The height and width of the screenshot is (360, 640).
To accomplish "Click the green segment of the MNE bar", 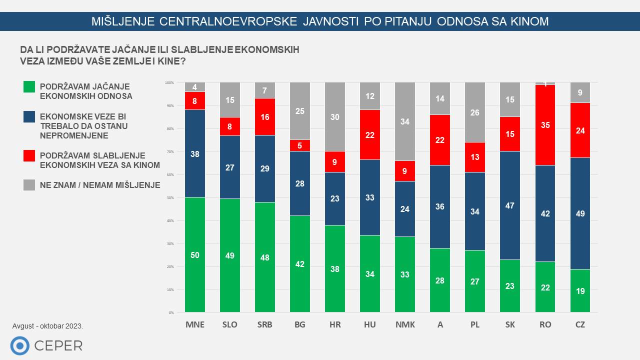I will [x=195, y=255].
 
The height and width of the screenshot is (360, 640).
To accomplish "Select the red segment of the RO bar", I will [x=545, y=125].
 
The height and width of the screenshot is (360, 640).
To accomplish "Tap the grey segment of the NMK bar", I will [x=405, y=121].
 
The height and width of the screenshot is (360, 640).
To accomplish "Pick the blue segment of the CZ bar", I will [x=580, y=213].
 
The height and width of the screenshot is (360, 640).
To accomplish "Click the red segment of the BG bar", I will [x=300, y=145].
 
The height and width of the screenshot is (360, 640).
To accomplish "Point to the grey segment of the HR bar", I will [x=335, y=117].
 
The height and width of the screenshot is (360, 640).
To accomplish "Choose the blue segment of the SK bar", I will [x=510, y=205].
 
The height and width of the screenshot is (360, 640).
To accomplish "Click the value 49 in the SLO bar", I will [x=230, y=255].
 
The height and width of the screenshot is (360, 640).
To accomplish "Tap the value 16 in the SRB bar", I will [x=265, y=117].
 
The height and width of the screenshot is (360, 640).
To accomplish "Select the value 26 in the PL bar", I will [x=475, y=112].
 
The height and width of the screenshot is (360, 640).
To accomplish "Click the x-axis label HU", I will [x=370, y=324].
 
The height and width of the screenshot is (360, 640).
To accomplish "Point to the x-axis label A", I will [x=440, y=324].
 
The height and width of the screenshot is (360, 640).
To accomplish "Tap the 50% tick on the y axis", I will [x=170, y=197].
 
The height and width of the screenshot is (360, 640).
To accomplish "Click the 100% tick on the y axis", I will [x=169, y=82].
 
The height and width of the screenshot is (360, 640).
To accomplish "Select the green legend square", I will [x=29, y=86].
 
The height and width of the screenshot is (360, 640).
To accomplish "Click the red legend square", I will [x=29, y=156].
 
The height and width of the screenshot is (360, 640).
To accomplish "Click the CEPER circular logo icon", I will [x=20, y=345].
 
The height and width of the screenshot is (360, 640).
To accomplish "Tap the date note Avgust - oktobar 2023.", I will [x=48, y=326].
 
